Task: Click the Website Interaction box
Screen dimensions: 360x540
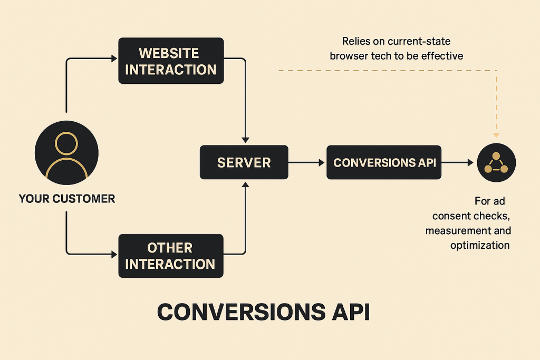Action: [171, 61]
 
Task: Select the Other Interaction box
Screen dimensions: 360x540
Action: [170, 256]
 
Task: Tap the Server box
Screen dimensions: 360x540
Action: [244, 162]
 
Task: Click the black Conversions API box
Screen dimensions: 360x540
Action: [384, 162]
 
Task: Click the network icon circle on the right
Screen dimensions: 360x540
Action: [496, 162]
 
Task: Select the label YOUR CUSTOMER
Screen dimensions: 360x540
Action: [66, 199]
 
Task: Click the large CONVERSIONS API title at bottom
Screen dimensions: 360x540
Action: [263, 312]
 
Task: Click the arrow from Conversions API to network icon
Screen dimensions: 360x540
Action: [457, 162]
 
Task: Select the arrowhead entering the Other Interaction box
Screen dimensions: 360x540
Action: [114, 255]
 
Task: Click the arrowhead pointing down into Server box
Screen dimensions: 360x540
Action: [245, 140]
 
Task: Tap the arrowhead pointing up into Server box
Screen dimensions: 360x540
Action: [245, 184]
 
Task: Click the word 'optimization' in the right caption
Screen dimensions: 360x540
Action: [479, 245]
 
